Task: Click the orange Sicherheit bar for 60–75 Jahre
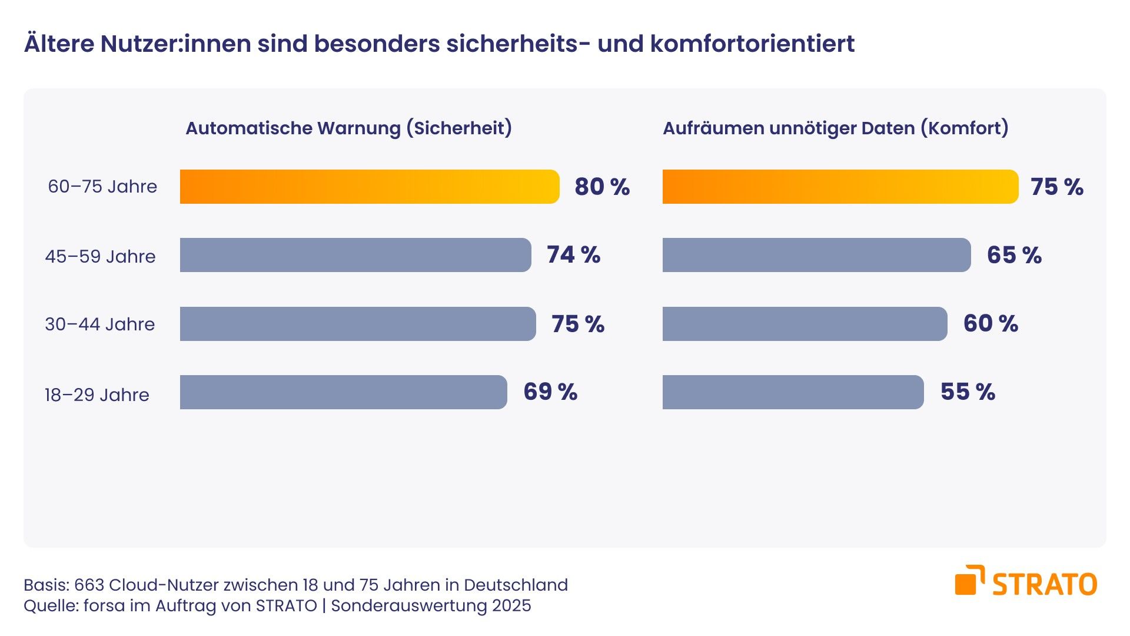tap(370, 187)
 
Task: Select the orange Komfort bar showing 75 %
tap(840, 187)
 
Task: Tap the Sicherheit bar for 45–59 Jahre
tap(355, 255)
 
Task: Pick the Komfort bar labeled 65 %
tap(816, 255)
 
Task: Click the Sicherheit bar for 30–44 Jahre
tap(358, 324)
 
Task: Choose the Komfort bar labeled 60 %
tap(805, 324)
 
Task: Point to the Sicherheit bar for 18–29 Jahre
tap(343, 392)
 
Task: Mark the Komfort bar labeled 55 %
tap(793, 392)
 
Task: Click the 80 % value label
tap(602, 187)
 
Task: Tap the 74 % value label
tap(573, 255)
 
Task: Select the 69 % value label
tap(550, 392)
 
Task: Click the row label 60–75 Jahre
tap(102, 187)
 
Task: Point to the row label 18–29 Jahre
tap(97, 395)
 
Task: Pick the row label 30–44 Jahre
tap(100, 324)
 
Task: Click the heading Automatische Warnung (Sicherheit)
tap(348, 128)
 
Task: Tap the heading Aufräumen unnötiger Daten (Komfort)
tap(835, 128)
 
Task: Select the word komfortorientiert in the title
tap(752, 44)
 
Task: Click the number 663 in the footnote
tap(89, 585)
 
